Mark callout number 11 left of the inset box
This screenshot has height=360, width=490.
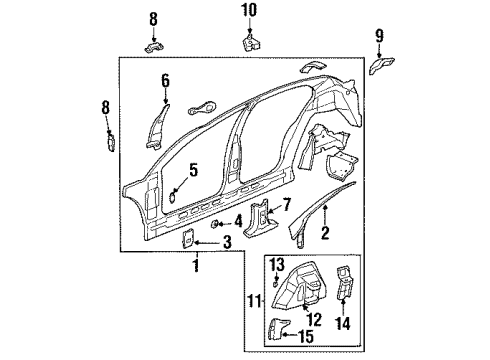click(256, 297)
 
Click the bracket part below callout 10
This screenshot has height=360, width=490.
click(249, 43)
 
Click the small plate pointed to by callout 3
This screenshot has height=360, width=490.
click(185, 240)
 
